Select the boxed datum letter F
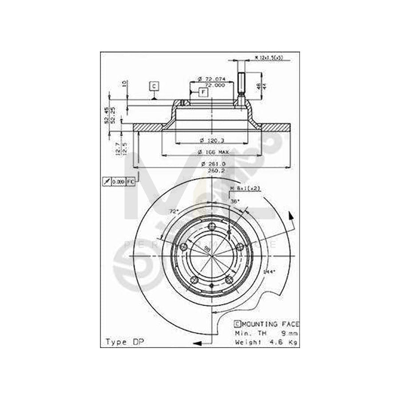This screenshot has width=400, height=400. click(203, 92)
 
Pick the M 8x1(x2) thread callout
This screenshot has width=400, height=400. click(245, 188)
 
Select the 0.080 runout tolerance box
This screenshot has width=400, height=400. click(118, 182)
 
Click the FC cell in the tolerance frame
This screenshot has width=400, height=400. click(130, 182)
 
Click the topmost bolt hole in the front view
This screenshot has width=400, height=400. click(212, 227)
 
